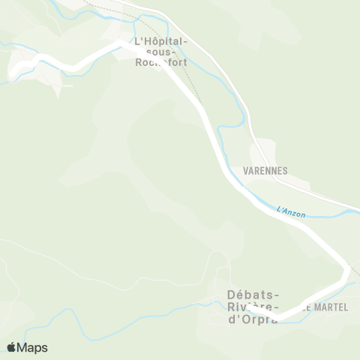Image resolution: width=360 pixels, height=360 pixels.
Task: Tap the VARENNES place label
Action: click(265, 171)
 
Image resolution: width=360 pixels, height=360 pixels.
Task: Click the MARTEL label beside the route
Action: click(328, 307)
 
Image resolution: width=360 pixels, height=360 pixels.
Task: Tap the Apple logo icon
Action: click(12, 347)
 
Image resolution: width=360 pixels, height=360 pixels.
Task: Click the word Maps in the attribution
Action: click(32, 347)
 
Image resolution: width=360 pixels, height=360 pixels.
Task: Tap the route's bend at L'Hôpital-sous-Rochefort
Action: click(124, 45)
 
